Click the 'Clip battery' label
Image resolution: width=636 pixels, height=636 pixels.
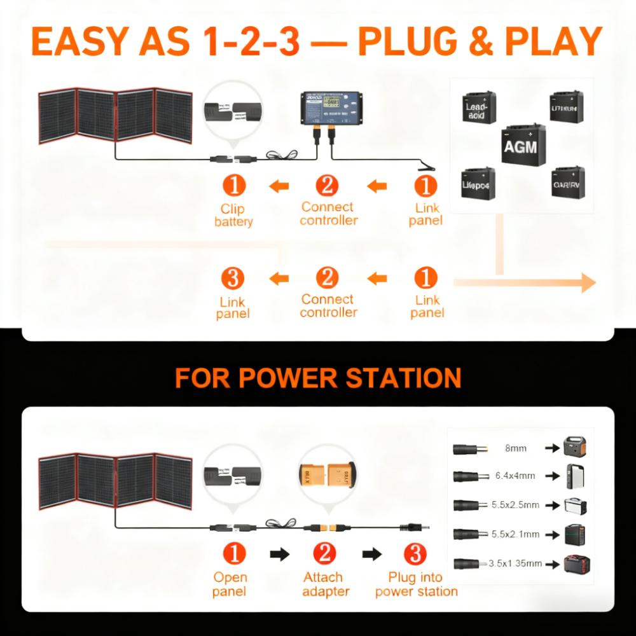[233, 215]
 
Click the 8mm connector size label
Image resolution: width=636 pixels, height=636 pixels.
[515, 448]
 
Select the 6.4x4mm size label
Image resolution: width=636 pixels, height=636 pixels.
[515, 476]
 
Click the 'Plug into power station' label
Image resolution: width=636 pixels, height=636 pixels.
[416, 584]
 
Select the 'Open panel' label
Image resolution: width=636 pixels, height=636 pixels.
[230, 584]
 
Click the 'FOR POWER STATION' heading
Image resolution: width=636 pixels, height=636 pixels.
[318, 378]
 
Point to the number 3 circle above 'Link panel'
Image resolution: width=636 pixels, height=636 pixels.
[233, 278]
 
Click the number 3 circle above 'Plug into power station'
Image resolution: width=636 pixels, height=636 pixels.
[416, 553]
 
